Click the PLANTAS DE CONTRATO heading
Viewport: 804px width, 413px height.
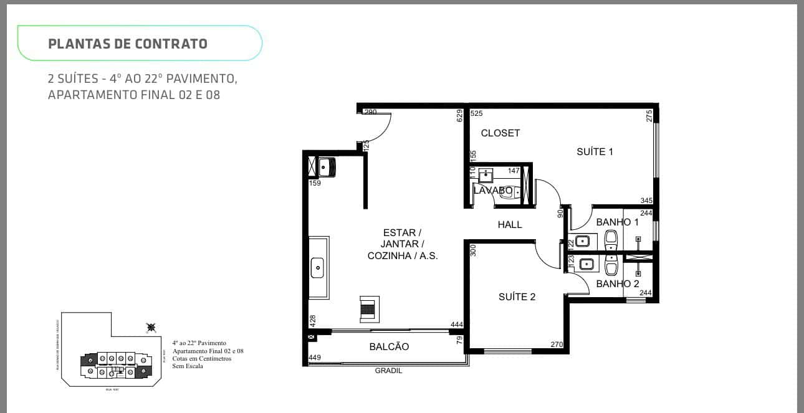128,44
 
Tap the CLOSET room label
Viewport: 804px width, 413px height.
500,133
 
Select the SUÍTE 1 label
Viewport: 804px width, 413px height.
595,151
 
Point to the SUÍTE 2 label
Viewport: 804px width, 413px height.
517,297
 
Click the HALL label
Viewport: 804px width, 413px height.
509,224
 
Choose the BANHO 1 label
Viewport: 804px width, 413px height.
617,222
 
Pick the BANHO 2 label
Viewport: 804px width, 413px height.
617,283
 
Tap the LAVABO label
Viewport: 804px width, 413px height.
492,190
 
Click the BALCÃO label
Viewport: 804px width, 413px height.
389,346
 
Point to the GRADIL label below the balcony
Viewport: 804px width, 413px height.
388,370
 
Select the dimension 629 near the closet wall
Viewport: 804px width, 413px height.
460,115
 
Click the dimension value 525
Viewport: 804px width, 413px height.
477,113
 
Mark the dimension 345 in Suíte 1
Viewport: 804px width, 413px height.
646,201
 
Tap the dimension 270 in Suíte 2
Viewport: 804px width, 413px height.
557,344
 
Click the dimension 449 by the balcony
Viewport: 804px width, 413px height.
315,358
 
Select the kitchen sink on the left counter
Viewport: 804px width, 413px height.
317,268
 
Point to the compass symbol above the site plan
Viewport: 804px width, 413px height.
150,327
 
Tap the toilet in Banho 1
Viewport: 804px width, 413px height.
611,237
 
